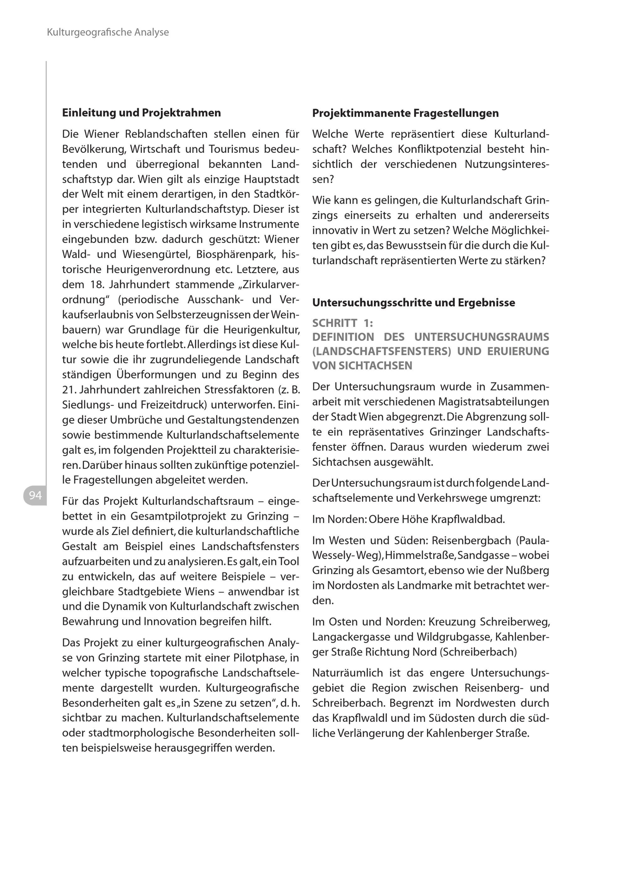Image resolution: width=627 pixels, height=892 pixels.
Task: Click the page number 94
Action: coord(35,495)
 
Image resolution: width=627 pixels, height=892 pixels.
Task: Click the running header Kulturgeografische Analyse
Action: coord(108,32)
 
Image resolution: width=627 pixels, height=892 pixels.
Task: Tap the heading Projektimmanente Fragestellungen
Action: coord(405,113)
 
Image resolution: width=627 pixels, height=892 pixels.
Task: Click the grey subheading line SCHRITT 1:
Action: coord(342,323)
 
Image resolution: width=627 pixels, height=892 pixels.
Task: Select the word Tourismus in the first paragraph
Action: coord(234,149)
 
